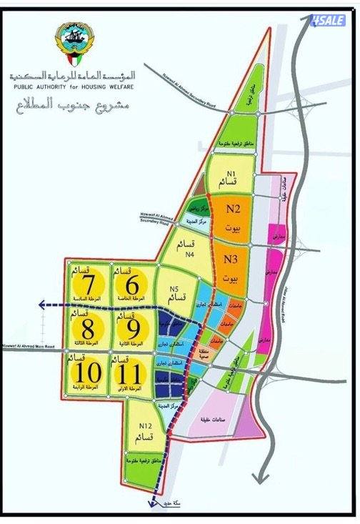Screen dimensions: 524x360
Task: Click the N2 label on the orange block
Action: [233, 209]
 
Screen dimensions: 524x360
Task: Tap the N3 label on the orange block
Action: [230, 259]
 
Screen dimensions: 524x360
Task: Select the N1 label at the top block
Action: [231, 174]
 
